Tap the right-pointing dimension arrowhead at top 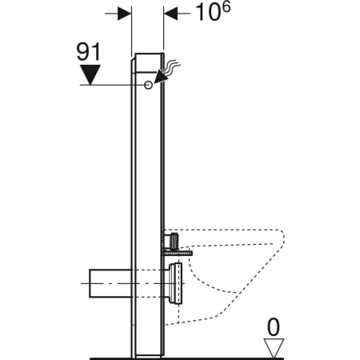124,14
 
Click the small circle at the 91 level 149,85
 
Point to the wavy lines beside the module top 173,64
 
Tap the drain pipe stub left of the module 104,281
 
